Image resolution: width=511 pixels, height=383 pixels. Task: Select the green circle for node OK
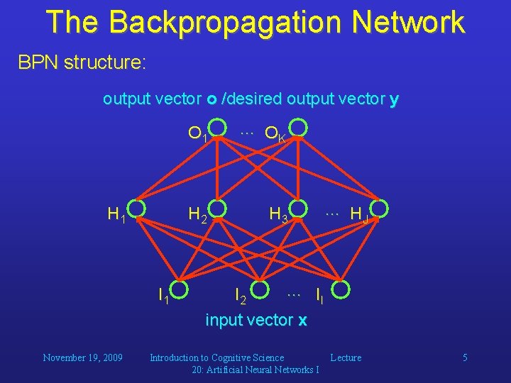tap(299, 128)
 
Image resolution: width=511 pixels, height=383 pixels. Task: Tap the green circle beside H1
tap(138, 209)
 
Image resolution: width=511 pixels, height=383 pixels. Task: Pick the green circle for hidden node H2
tap(219, 209)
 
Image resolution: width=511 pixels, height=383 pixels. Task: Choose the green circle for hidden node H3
tap(299, 209)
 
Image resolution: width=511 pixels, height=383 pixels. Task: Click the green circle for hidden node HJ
tap(380, 209)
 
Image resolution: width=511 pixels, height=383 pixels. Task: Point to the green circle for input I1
tap(179, 289)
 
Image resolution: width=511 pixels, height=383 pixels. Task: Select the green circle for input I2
tap(259, 289)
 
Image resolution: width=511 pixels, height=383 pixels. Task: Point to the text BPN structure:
tap(82, 62)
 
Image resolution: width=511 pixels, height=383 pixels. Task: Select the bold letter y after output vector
tap(394, 100)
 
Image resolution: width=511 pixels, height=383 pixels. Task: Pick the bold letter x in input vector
tap(302, 321)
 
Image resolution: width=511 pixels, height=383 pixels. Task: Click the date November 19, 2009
tap(82, 357)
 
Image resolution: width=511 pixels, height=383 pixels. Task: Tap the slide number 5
tap(465, 357)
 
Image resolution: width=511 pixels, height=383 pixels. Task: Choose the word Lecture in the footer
tap(346, 357)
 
